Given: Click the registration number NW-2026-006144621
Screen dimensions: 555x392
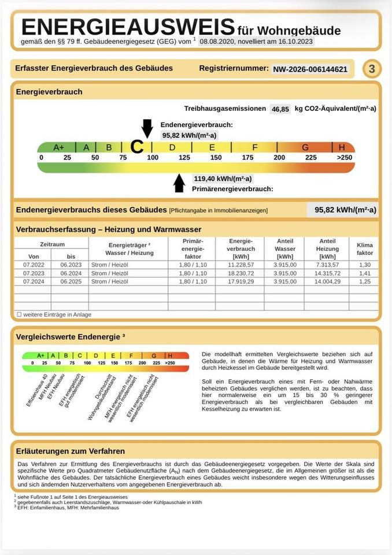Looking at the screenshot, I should pyautogui.click(x=310, y=69).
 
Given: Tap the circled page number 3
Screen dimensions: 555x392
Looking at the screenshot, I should pyautogui.click(x=372, y=69).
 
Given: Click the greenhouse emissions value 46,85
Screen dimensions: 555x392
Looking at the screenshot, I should pyautogui.click(x=281, y=109).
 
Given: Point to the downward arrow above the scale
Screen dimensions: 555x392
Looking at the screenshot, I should pyautogui.click(x=147, y=127).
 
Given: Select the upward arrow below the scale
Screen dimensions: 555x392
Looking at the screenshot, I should pyautogui.click(x=179, y=182).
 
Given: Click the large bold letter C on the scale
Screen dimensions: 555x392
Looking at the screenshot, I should pyautogui.click(x=137, y=147).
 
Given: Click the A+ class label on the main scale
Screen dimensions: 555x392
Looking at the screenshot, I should pyautogui.click(x=59, y=147).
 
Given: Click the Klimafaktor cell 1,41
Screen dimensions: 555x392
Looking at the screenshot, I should pyautogui.click(x=364, y=273).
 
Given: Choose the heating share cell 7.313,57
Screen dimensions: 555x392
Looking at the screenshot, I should pyautogui.click(x=327, y=265).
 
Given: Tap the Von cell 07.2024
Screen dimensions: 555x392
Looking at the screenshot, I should pyautogui.click(x=34, y=282).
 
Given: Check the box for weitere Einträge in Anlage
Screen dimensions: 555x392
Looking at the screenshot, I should pyautogui.click(x=19, y=314).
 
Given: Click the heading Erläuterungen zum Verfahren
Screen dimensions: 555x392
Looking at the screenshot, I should pyautogui.click(x=71, y=451).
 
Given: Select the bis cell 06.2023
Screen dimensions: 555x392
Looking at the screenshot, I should pyautogui.click(x=71, y=265).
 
